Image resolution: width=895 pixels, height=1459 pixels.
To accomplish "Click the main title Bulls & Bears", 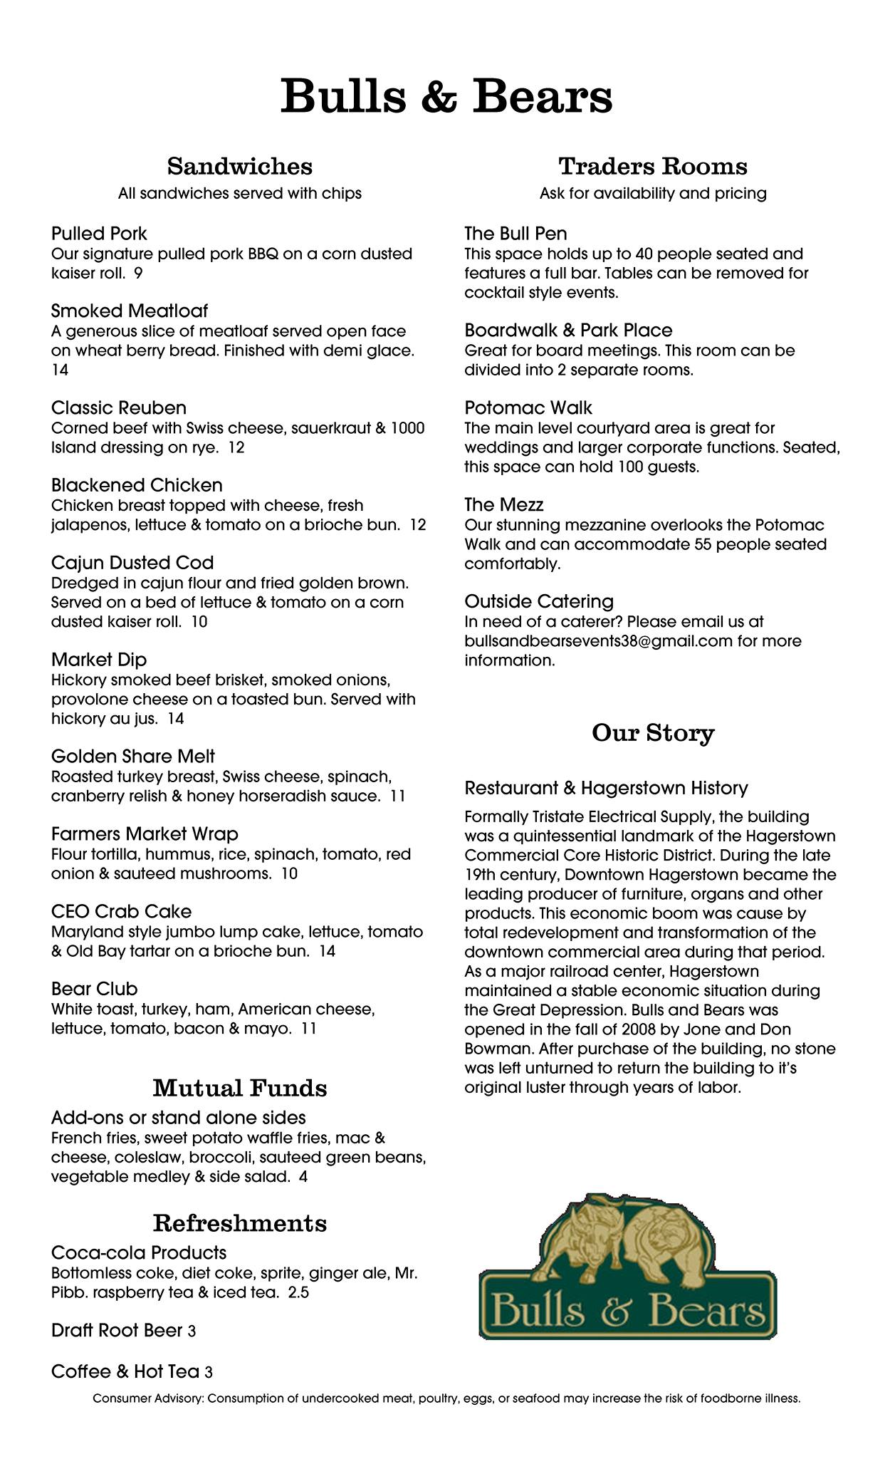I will (446, 96).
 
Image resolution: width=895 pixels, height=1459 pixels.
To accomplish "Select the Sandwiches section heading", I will (240, 166).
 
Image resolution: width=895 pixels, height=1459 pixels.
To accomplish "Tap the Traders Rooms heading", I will (653, 166).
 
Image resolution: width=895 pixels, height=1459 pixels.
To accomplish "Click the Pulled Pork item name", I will (99, 234).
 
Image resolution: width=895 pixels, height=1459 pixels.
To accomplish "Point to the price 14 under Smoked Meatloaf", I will (60, 370).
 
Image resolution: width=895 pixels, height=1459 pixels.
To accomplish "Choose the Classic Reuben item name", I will (119, 408).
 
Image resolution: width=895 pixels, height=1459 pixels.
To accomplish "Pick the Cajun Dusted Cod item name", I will (132, 563).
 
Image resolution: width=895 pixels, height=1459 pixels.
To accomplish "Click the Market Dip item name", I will (99, 660).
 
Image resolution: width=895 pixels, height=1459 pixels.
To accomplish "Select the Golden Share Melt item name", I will (132, 757).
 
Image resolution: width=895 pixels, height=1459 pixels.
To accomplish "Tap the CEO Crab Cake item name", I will (121, 912).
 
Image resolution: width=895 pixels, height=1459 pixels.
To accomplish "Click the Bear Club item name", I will (95, 989).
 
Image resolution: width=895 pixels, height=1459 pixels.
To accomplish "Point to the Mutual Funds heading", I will (240, 1088).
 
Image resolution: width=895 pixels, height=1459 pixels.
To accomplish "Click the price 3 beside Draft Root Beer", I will (192, 1331).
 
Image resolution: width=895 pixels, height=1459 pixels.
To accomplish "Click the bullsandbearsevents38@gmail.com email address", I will (598, 641).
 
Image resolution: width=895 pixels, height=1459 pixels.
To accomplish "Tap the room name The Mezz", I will (503, 505).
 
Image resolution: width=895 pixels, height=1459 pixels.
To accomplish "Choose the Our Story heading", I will (653, 733).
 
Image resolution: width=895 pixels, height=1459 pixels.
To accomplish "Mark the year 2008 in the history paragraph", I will (635, 1029).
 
